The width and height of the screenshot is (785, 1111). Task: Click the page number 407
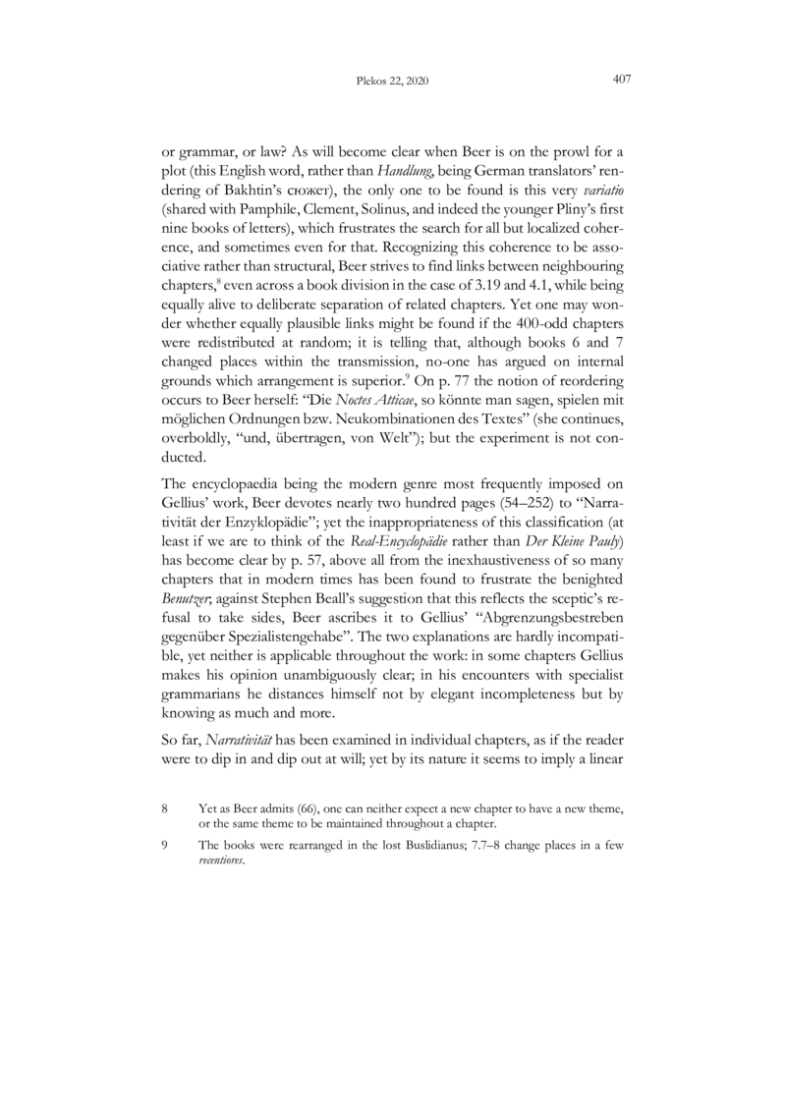coord(620,80)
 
